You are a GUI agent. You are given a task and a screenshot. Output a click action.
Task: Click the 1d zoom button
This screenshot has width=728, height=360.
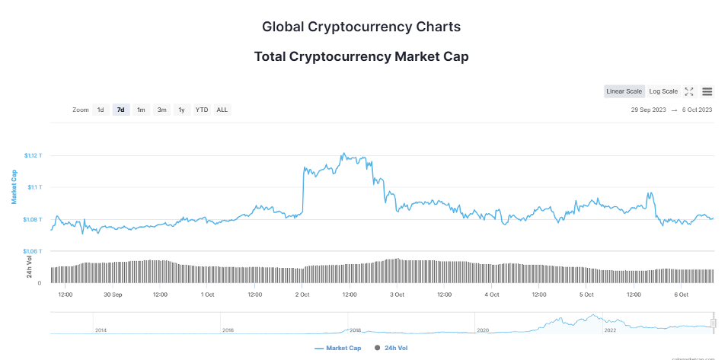click(101, 110)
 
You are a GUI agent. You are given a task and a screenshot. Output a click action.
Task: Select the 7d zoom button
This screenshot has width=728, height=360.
click(120, 110)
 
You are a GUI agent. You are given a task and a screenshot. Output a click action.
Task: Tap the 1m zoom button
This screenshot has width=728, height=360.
click(141, 110)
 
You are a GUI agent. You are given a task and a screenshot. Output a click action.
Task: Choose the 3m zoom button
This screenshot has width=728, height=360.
click(161, 110)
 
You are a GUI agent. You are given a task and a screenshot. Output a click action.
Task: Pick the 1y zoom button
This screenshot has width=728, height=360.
click(181, 110)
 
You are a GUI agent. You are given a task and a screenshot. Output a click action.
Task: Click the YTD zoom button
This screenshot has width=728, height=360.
click(202, 110)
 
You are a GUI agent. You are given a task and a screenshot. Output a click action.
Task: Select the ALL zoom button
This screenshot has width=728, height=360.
click(222, 110)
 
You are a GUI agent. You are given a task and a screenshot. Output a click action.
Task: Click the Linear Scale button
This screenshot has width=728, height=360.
click(624, 91)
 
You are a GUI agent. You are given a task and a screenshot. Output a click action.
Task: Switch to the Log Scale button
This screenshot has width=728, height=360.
click(663, 91)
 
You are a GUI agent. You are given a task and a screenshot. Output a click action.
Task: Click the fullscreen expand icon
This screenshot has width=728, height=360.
click(689, 91)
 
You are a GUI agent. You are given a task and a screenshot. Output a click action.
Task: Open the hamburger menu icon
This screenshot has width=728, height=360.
click(707, 91)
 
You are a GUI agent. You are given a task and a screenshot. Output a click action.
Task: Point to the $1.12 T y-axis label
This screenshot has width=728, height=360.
click(34, 155)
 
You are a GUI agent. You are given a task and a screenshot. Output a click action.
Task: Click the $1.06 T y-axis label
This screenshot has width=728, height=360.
click(34, 251)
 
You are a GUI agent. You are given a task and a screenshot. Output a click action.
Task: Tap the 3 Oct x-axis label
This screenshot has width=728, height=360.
click(397, 294)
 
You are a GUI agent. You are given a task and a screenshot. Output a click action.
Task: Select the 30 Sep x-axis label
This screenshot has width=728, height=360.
click(113, 294)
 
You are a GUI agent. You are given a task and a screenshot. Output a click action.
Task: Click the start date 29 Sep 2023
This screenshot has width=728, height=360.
click(649, 110)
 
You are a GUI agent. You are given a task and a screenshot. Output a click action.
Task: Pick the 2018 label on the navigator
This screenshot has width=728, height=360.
click(355, 330)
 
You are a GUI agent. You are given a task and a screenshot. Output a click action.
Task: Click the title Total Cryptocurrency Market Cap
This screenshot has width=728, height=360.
click(361, 56)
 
